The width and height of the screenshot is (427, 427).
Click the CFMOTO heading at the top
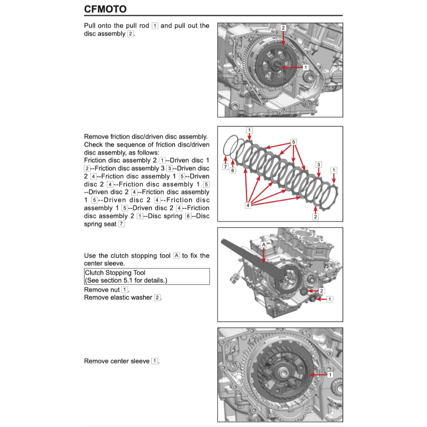105,9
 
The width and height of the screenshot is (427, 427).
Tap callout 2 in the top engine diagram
283,28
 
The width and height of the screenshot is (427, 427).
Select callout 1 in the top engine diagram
305,67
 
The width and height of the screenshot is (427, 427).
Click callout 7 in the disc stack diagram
225,167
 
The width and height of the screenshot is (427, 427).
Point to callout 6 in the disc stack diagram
233,170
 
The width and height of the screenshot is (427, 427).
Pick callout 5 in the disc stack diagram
294,142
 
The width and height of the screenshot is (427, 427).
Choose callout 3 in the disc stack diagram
319,164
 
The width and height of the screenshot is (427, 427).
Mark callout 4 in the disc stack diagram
248,205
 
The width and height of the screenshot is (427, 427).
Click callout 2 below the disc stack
315,216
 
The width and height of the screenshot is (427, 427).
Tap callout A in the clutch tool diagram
264,244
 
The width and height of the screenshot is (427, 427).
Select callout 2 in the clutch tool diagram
322,290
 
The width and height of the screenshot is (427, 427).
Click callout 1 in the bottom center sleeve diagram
330,375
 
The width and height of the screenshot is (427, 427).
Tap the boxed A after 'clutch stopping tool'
176,256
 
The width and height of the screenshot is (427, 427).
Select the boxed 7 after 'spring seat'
121,224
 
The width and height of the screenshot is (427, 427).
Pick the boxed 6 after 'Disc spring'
188,216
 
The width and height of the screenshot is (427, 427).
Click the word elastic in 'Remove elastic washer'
120,297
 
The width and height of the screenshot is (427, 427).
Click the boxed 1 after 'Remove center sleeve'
154,361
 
